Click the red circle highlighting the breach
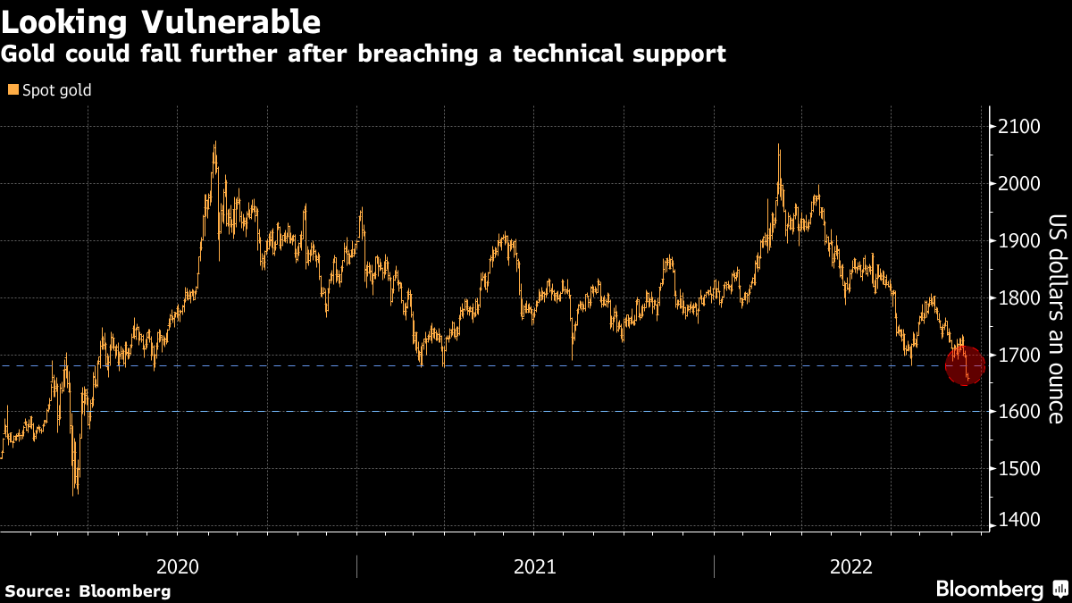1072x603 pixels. [965, 364]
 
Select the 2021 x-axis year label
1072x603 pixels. [535, 565]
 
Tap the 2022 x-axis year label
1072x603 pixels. [851, 565]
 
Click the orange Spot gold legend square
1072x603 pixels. [13, 89]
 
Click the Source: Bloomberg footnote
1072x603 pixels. [88, 590]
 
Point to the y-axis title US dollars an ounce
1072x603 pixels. [1056, 319]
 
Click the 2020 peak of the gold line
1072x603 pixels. [214, 143]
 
